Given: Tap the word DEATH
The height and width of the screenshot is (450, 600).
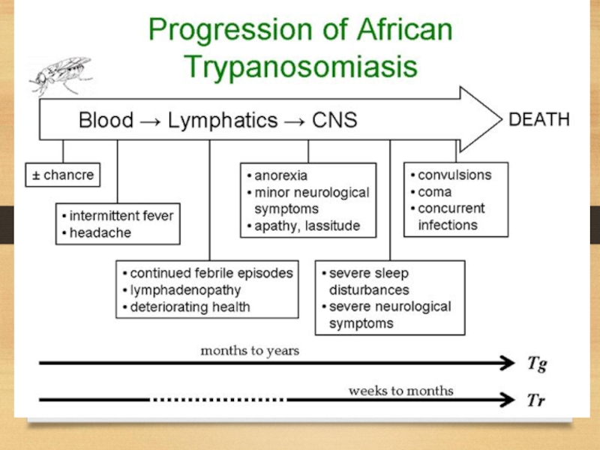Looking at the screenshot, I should (539, 119).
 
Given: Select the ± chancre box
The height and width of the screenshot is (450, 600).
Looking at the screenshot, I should (63, 175).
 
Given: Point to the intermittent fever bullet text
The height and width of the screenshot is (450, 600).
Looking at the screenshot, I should (121, 216).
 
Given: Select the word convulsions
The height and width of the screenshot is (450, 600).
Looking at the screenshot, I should (454, 175).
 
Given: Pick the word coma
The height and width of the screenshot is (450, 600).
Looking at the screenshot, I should (435, 192).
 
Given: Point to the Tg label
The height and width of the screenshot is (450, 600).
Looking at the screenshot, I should (535, 364).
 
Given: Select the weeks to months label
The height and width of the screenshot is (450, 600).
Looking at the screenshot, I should (400, 390).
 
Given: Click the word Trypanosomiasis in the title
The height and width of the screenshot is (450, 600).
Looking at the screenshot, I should (300, 67).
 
